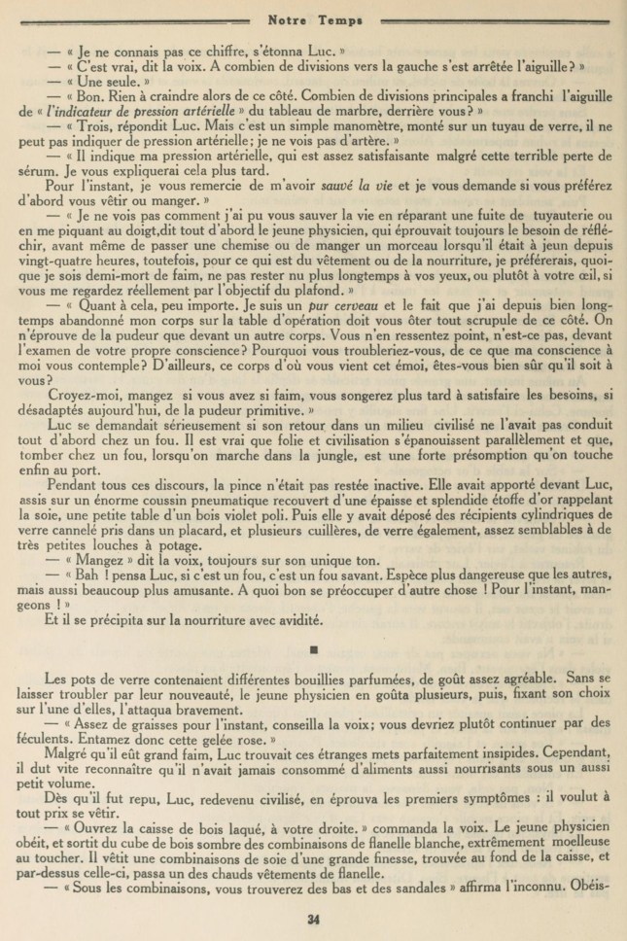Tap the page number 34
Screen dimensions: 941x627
tap(313, 918)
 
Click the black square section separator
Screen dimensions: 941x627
tap(313, 646)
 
